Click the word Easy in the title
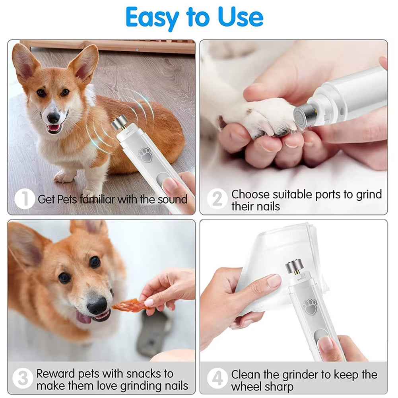point(153,17)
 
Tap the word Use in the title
point(241,17)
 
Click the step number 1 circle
point(24,199)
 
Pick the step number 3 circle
point(22,379)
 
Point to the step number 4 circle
point(217,379)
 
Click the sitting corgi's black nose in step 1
point(54,117)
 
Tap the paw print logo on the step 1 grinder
point(145,155)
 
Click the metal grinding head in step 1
point(118,123)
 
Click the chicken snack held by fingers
point(127,305)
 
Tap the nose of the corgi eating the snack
point(97,305)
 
